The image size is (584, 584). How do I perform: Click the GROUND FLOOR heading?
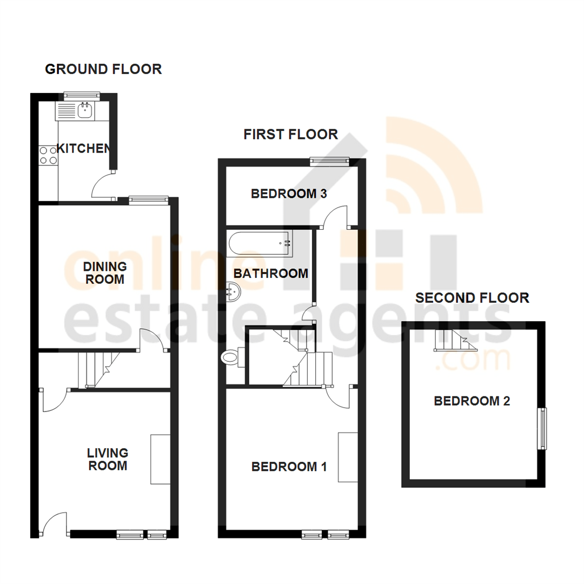click(103, 69)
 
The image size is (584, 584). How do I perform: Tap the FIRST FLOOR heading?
click(290, 134)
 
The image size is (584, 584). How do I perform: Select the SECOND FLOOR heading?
click(472, 297)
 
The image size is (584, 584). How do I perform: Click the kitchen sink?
click(85, 111)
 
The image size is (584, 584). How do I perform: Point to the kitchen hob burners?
click(48, 155)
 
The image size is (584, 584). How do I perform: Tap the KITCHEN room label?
click(84, 148)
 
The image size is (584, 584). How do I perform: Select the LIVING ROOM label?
click(108, 459)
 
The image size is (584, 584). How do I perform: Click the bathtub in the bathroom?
click(260, 243)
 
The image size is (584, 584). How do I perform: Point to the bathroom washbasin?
click(234, 293)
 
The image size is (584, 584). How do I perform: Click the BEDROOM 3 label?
click(289, 194)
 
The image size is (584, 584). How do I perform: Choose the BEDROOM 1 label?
click(289, 467)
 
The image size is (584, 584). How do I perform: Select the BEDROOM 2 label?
click(472, 401)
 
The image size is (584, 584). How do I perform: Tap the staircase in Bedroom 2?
click(453, 340)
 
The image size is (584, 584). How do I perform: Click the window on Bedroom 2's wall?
click(541, 429)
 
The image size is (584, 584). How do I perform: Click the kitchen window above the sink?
click(82, 95)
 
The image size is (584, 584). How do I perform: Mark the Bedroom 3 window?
click(329, 160)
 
